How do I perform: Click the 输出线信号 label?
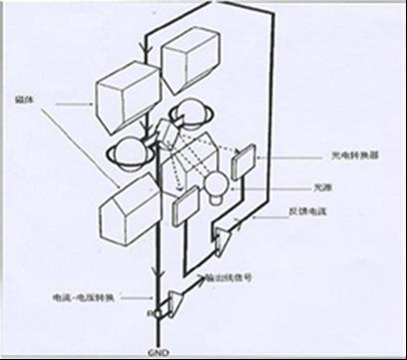pos(228,276)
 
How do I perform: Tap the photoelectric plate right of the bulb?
pos(242,163)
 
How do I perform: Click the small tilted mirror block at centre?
pos(168,131)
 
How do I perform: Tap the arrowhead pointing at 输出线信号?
pos(203,276)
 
